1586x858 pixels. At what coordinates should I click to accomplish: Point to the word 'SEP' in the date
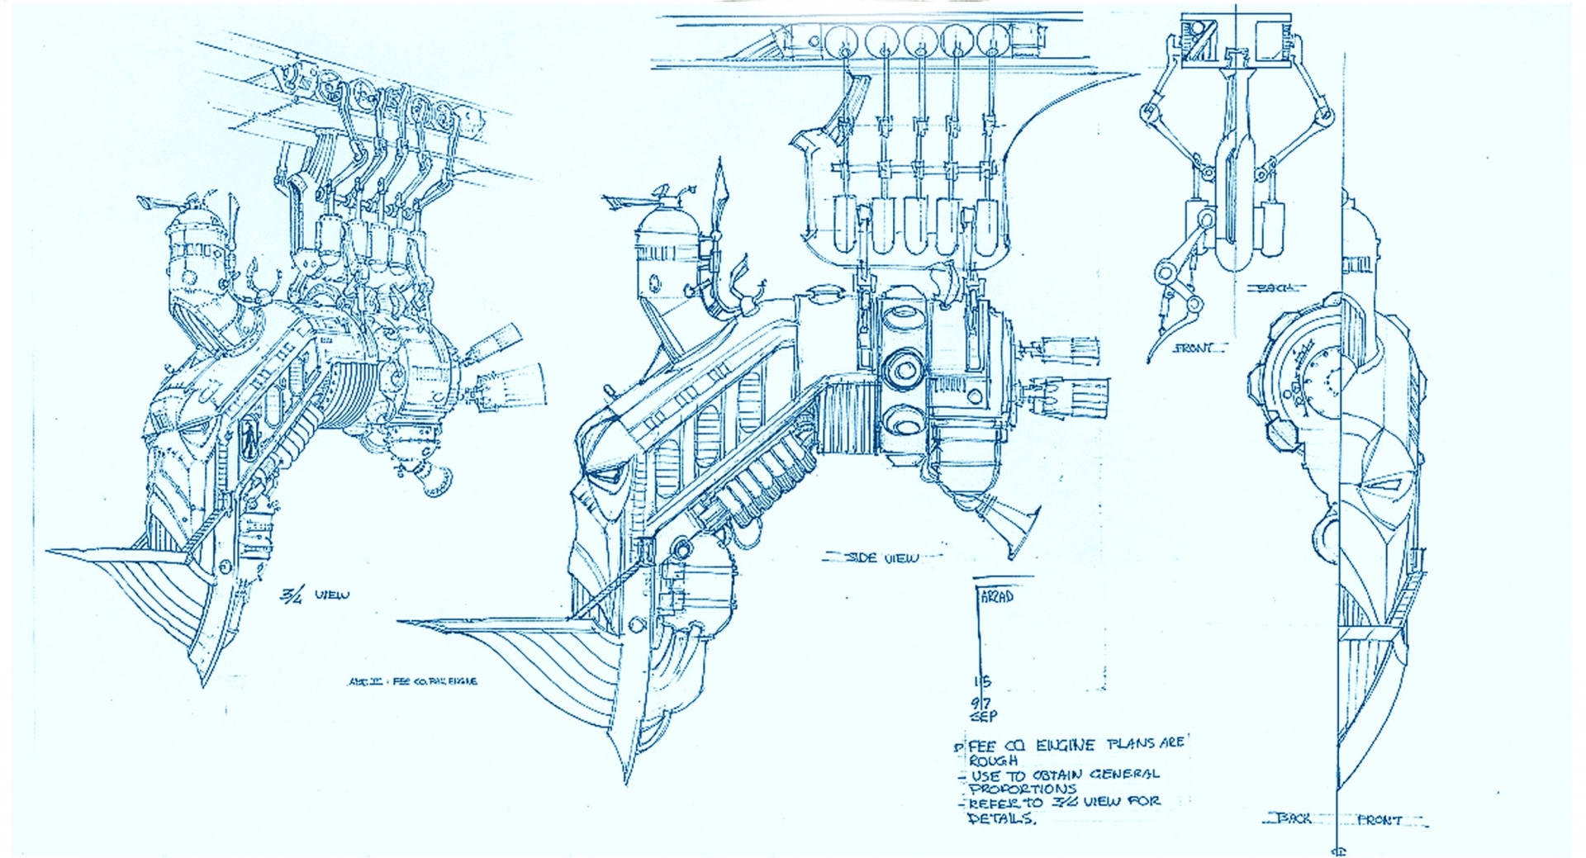point(983,716)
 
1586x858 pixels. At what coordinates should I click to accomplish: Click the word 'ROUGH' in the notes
point(994,761)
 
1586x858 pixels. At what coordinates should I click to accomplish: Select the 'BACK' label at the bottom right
point(1294,818)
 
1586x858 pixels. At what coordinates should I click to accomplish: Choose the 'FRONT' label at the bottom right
point(1379,820)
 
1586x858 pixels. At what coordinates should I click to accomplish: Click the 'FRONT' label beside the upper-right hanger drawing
point(1194,348)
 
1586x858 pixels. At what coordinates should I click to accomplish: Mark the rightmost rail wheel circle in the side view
point(993,40)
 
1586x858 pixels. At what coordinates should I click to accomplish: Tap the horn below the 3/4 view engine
point(434,480)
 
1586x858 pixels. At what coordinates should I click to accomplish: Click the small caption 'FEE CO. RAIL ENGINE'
point(413,681)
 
